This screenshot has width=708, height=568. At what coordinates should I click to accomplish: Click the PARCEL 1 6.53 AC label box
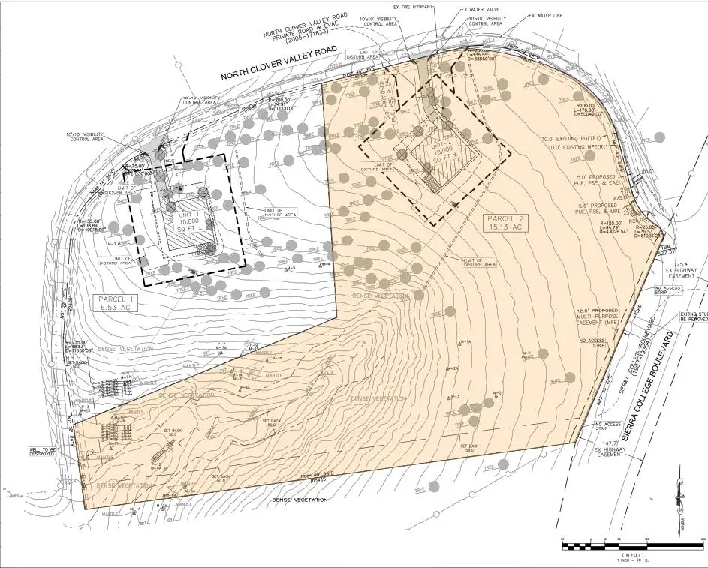[x=115, y=302]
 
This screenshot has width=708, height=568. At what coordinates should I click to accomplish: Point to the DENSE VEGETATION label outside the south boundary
[x=300, y=500]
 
